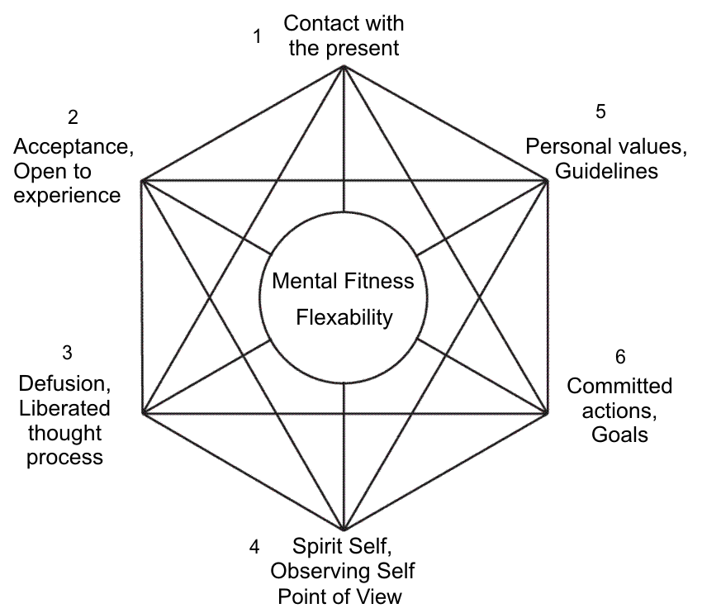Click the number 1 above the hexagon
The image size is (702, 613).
258,36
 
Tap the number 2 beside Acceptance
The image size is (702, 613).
73,117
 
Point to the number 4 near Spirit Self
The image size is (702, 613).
254,547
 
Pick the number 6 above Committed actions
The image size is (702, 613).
619,357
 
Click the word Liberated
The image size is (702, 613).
65,408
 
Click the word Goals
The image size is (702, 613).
619,435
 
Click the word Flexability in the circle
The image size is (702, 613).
344,317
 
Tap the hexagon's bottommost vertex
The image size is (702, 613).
343,530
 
